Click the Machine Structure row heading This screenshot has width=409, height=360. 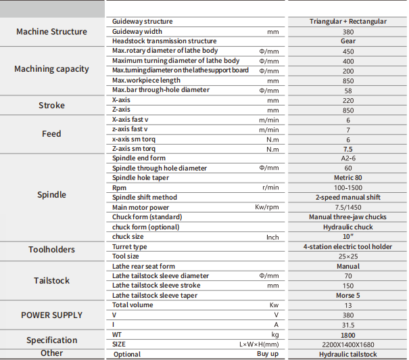click(x=51, y=31)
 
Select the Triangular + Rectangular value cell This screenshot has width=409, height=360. click(x=348, y=22)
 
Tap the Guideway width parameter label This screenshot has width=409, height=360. click(x=137, y=31)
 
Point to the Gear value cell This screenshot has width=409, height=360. click(x=348, y=41)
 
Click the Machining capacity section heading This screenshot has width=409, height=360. click(x=51, y=69)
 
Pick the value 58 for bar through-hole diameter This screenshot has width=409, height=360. click(x=348, y=90)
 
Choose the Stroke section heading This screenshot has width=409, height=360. click(x=51, y=105)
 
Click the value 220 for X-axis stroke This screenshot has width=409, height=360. click(x=348, y=100)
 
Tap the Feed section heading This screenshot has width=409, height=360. click(x=51, y=133)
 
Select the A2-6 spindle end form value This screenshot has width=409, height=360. click(x=348, y=158)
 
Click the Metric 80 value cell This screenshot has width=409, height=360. click(x=348, y=178)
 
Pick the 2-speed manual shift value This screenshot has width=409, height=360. click(x=348, y=198)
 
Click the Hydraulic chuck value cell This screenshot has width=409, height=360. click(x=348, y=227)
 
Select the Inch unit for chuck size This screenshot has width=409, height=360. click(x=272, y=237)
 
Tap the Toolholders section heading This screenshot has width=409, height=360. click(x=51, y=249)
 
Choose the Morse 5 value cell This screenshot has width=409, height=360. click(x=348, y=296)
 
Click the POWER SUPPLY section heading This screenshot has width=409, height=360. click(x=51, y=315)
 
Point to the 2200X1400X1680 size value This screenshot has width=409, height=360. click(x=348, y=344)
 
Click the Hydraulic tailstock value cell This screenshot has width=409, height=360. click(x=348, y=354)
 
